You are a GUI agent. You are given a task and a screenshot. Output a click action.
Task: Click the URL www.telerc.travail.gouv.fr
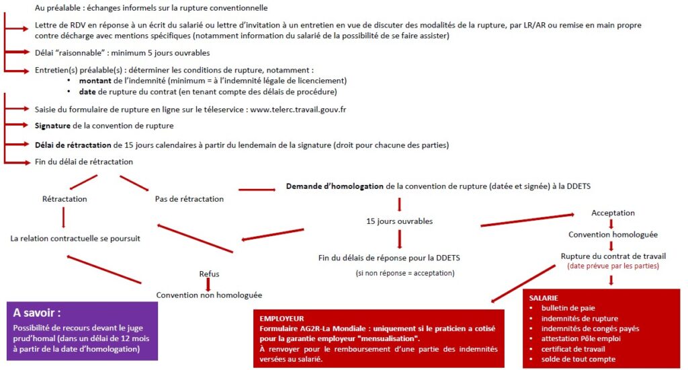298,109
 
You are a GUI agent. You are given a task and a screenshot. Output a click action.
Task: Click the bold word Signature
54,126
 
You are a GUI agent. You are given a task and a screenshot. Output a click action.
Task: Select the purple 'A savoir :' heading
42,313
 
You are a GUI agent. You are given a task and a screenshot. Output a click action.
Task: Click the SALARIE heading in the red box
544,297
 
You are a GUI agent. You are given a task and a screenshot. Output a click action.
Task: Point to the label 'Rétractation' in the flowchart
64,199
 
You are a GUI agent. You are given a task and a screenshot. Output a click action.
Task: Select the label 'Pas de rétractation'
189,199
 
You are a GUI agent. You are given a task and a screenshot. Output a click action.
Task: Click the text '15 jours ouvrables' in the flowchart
400,221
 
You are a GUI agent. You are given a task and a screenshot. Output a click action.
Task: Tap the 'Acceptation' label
613,213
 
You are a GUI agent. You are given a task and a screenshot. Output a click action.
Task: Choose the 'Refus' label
209,274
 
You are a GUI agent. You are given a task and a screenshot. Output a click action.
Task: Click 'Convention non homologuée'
209,295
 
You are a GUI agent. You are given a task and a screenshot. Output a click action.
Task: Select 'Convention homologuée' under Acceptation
613,235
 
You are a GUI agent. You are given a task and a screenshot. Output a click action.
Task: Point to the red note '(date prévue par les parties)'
613,266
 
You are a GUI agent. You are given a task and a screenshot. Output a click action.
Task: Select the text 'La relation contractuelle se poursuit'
75,238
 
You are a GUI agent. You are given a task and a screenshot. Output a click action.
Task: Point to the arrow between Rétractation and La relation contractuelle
64,218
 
